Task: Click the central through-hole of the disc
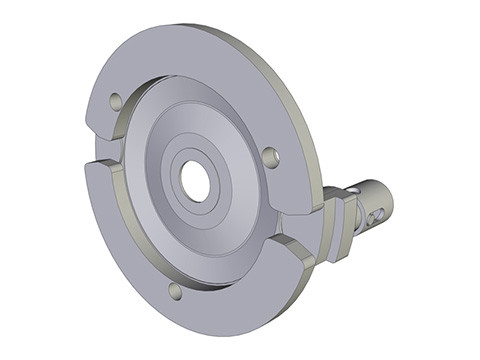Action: click(x=194, y=181)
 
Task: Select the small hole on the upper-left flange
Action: click(x=116, y=102)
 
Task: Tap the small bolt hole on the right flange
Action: click(x=269, y=156)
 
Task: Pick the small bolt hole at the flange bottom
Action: click(x=175, y=291)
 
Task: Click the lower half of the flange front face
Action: click(x=200, y=305)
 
